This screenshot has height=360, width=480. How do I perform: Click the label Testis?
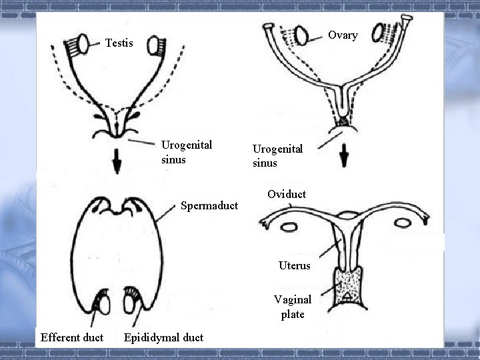coord(119,43)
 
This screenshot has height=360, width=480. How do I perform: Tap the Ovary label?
coord(343,35)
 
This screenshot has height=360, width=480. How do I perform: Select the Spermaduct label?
coord(209,206)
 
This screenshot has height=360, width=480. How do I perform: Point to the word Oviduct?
coord(286,195)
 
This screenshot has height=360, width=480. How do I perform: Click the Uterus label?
coord(294,265)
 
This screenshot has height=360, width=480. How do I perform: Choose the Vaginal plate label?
coord(292,307)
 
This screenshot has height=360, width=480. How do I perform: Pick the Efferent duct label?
coord(72,337)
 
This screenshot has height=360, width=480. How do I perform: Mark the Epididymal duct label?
coord(163,337)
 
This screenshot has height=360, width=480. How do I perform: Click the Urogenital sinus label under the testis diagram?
coord(186,152)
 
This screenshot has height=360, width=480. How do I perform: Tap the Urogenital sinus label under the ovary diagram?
coord(277,156)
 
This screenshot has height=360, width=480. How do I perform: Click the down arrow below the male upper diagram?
coord(117,163)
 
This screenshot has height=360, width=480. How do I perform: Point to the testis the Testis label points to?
coord(85,43)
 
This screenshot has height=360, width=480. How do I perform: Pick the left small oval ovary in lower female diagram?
coord(289,228)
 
